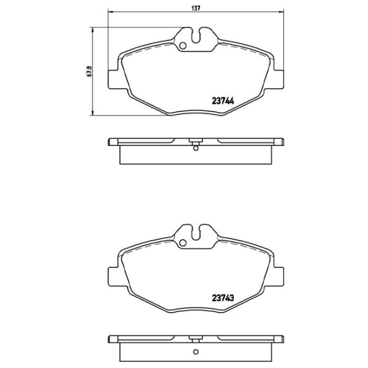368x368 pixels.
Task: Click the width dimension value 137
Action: click(195, 7)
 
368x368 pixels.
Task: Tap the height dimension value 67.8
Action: click(90, 71)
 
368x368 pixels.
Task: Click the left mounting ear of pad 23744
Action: click(113, 79)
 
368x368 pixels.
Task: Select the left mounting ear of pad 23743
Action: click(113, 275)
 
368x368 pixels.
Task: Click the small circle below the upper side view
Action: click(195, 147)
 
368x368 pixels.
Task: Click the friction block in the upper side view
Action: click(195, 156)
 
